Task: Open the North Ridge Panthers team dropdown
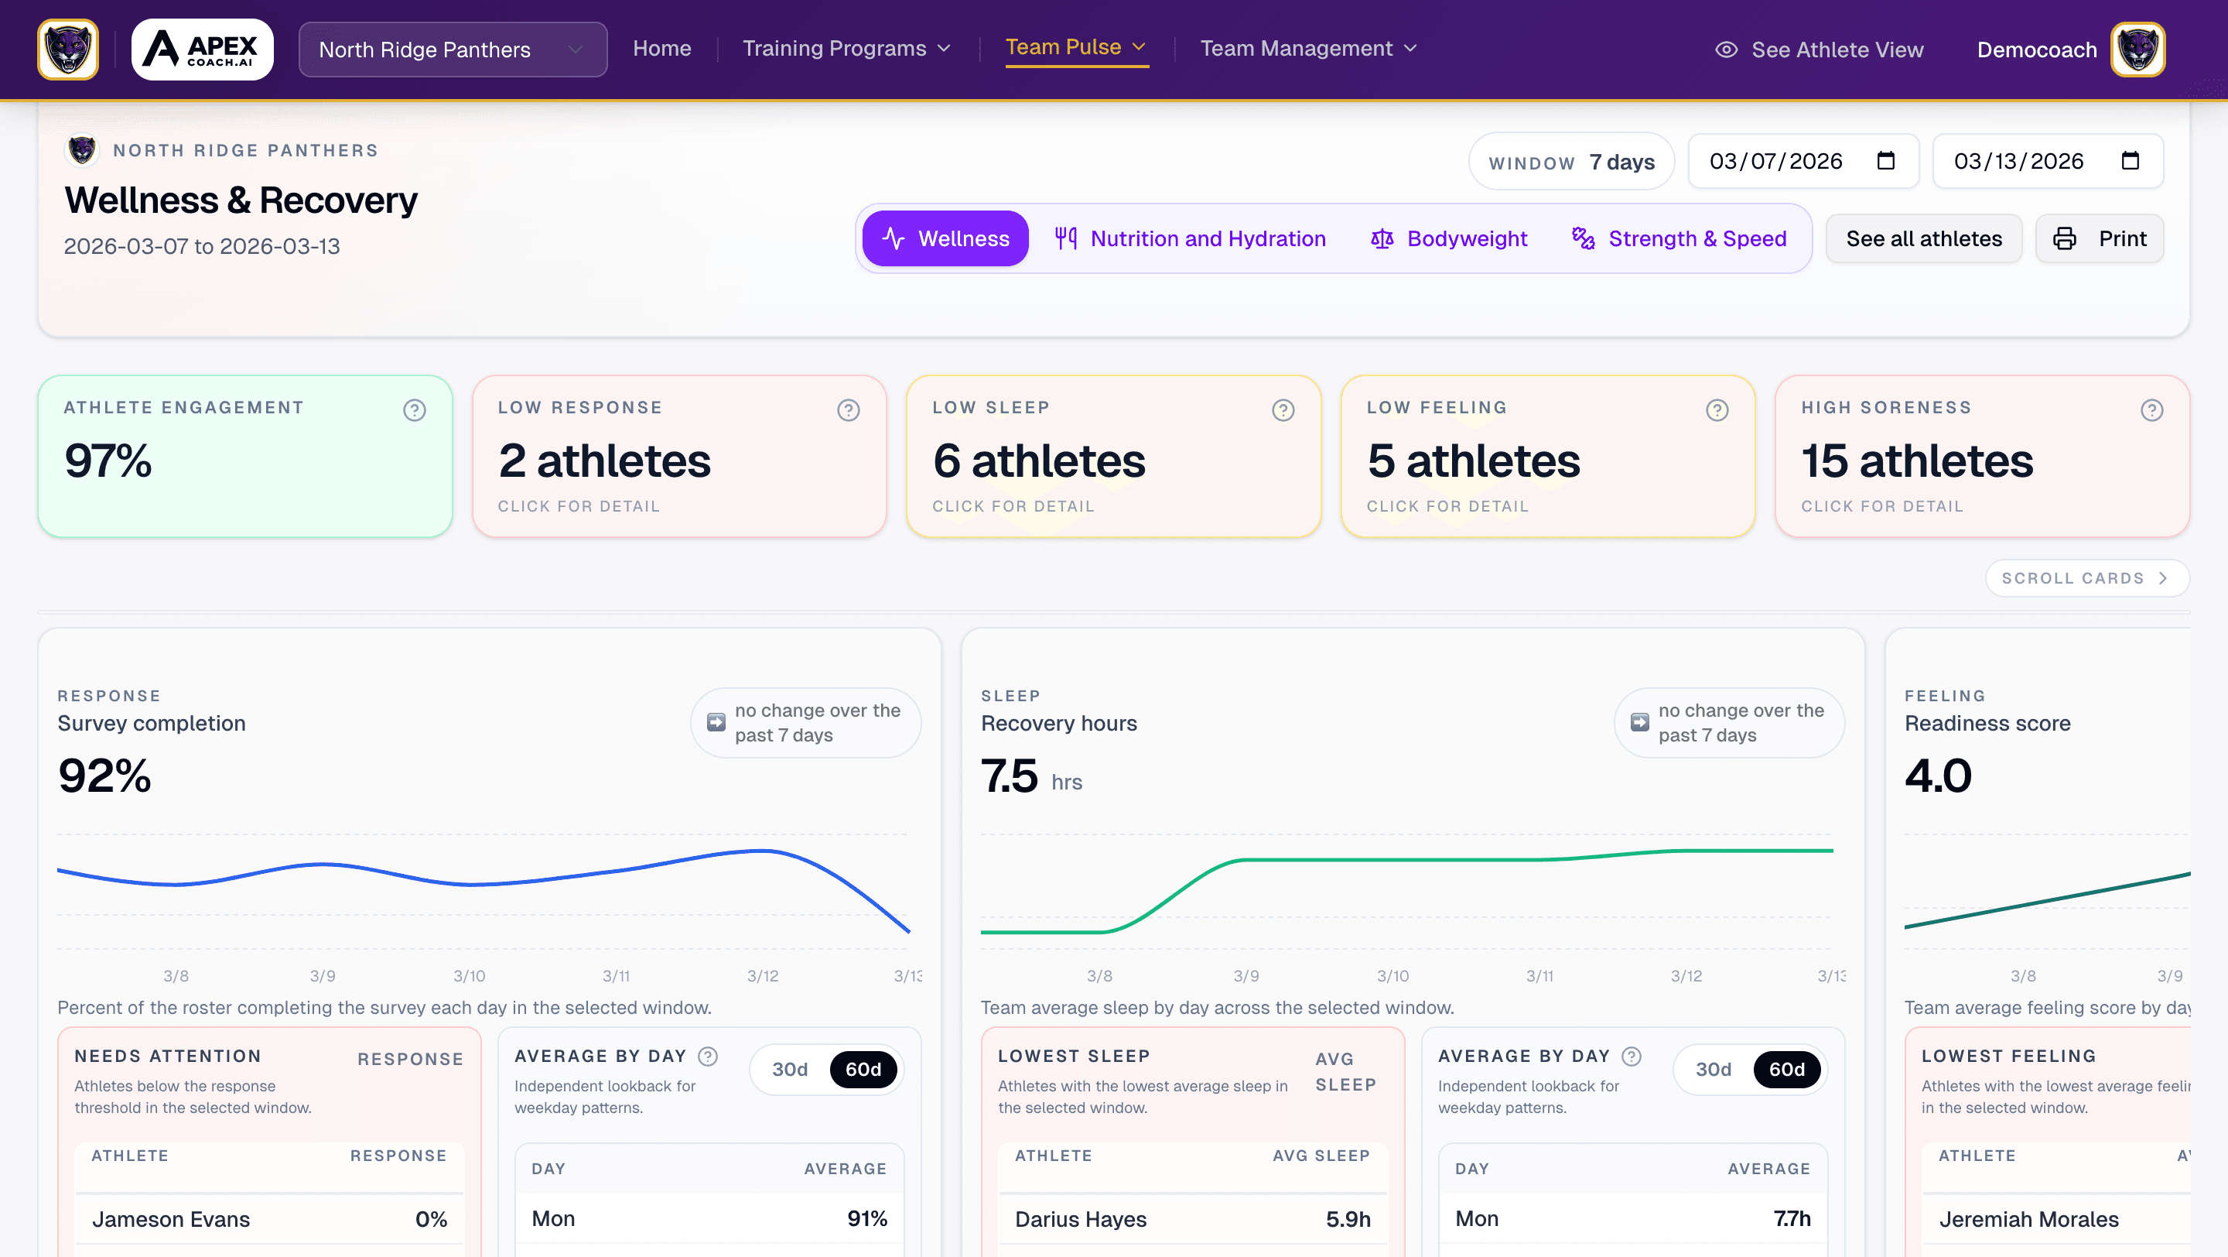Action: pyautogui.click(x=452, y=50)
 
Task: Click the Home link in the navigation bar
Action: pyautogui.click(x=661, y=49)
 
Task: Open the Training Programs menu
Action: pyautogui.click(x=846, y=49)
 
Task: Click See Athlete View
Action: pyautogui.click(x=1819, y=50)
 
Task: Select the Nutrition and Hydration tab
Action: pyautogui.click(x=1190, y=238)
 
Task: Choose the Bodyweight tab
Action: pyautogui.click(x=1450, y=238)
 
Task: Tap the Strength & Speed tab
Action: pyautogui.click(x=1680, y=238)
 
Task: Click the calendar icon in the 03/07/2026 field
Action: pyautogui.click(x=1885, y=161)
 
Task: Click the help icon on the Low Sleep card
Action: pyautogui.click(x=1283, y=410)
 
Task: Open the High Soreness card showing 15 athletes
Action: pyautogui.click(x=1980, y=457)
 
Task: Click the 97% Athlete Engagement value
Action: pyautogui.click(x=108, y=461)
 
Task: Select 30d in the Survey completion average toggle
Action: pyautogui.click(x=789, y=1069)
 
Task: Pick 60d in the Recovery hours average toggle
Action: pyautogui.click(x=1786, y=1069)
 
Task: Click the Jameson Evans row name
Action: pyautogui.click(x=170, y=1219)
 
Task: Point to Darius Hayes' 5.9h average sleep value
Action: pyautogui.click(x=1348, y=1219)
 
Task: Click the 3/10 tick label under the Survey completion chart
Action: pyautogui.click(x=469, y=976)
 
